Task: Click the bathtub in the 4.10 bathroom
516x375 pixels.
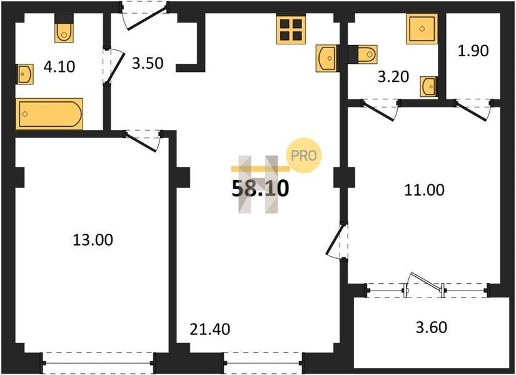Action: [49, 114]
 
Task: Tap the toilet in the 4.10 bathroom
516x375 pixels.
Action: [64, 29]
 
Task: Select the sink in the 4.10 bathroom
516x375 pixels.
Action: [25, 74]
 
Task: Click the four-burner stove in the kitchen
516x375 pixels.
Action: [291, 29]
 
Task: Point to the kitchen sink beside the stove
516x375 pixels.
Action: [326, 58]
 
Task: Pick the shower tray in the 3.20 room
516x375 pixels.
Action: [422, 29]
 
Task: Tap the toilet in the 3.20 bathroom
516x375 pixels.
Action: [363, 54]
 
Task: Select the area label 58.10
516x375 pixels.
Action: [261, 189]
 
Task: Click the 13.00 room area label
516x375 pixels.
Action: [93, 240]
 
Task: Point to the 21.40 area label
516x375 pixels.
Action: [210, 329]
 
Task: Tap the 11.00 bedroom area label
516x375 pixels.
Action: [424, 190]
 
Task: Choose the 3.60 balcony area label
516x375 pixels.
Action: [432, 327]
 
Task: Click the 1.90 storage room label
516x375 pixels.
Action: [473, 51]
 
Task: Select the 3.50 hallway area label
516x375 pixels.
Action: [148, 63]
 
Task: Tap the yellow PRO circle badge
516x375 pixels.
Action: [303, 155]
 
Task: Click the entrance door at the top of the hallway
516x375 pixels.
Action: [145, 16]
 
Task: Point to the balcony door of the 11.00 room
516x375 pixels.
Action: [425, 284]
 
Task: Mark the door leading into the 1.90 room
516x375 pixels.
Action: [474, 109]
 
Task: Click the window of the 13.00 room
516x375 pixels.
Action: [98, 363]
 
